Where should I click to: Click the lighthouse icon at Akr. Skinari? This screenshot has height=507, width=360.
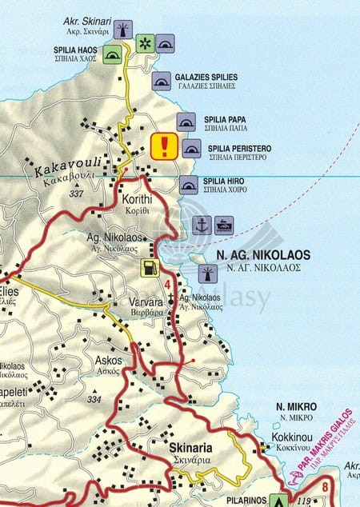tap(122, 30)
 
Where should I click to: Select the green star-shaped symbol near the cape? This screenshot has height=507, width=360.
tap(145, 42)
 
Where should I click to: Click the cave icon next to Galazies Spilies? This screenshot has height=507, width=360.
tap(162, 80)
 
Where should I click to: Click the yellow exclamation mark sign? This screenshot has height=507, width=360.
tap(164, 146)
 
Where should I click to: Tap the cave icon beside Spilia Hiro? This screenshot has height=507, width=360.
tap(189, 186)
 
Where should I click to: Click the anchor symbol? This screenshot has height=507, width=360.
tap(202, 226)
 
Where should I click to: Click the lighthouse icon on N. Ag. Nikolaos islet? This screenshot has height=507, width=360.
tap(206, 274)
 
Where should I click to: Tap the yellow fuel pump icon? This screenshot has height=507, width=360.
tap(149, 268)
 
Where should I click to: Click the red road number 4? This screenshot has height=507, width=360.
tap(167, 285)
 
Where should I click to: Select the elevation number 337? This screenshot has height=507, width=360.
tap(77, 194)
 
